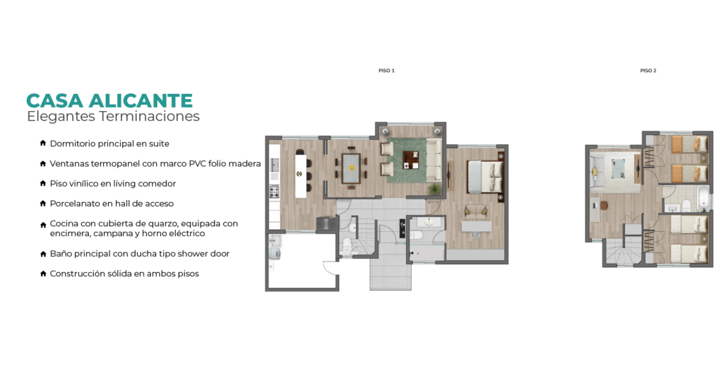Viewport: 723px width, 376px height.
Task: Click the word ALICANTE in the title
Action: pyautogui.click(x=141, y=100)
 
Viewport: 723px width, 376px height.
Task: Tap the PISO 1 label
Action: pyautogui.click(x=386, y=71)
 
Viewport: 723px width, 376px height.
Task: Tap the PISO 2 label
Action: pyautogui.click(x=648, y=71)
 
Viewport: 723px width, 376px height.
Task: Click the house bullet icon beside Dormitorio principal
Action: pyautogui.click(x=43, y=143)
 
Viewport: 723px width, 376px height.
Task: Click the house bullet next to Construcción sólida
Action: pyautogui.click(x=43, y=274)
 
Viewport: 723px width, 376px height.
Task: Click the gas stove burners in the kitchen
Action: pyautogui.click(x=275, y=191)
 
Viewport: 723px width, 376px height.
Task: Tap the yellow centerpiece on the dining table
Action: pyautogui.click(x=352, y=168)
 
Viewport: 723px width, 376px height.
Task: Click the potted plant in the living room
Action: pyautogui.click(x=434, y=188)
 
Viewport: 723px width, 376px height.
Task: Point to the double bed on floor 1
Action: pyautogui.click(x=484, y=177)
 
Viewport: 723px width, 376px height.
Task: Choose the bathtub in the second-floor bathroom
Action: pyautogui.click(x=702, y=199)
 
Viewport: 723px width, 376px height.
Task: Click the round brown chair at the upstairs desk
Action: pyautogui.click(x=604, y=206)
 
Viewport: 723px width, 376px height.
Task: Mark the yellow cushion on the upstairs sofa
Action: pyautogui.click(x=594, y=172)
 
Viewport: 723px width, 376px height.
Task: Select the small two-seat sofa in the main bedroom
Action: pyautogui.click(x=476, y=211)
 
